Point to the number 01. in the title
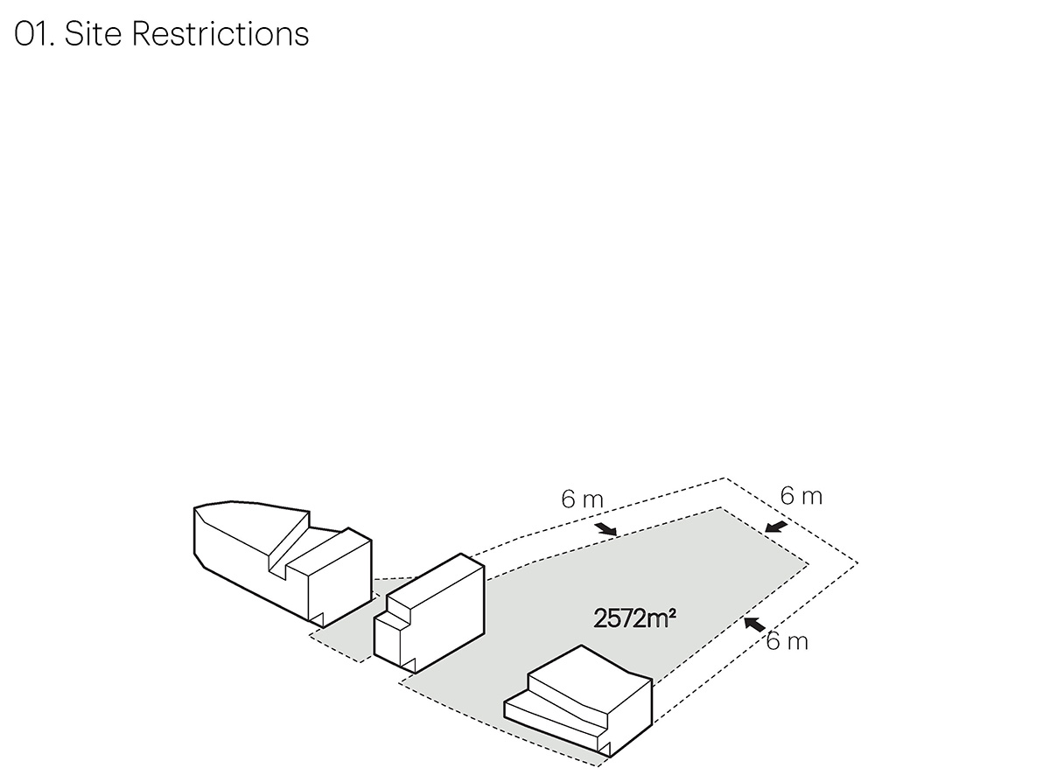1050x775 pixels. pyautogui.click(x=34, y=34)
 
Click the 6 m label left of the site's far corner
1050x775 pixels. pyautogui.click(x=582, y=499)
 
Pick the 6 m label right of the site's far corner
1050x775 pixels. pyautogui.click(x=801, y=496)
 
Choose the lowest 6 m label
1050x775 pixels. pyautogui.click(x=787, y=641)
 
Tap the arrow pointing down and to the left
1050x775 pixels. pyautogui.click(x=775, y=527)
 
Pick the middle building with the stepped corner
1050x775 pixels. pyautogui.click(x=433, y=612)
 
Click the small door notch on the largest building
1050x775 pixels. pyautogui.click(x=318, y=618)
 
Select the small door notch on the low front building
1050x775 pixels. pyautogui.click(x=604, y=744)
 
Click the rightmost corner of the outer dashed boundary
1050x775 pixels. pyautogui.click(x=857, y=562)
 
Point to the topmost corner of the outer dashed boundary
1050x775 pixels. pyautogui.click(x=724, y=478)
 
